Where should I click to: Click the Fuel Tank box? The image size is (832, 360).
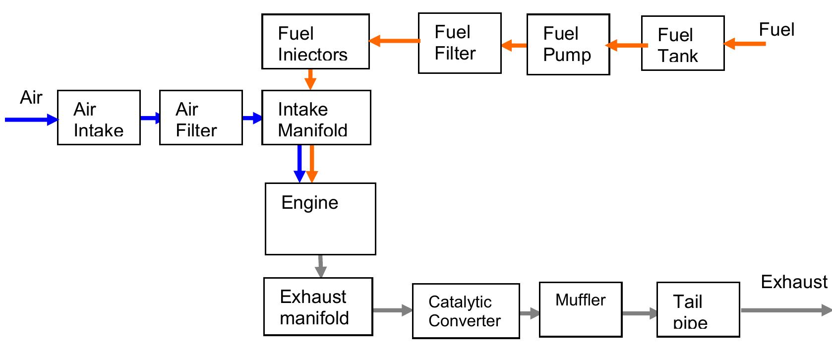[x=682, y=43]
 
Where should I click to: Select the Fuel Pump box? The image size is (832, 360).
[x=568, y=45]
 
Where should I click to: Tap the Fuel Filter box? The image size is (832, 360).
[x=459, y=43]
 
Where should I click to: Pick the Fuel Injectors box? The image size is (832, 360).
[x=315, y=42]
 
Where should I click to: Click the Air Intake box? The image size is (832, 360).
[x=99, y=118]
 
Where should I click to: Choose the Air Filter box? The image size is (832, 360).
[x=201, y=118]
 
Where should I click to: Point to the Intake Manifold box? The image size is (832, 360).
[x=316, y=118]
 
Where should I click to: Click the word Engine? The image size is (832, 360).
[x=309, y=203]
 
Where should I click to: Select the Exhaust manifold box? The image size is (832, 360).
[x=318, y=306]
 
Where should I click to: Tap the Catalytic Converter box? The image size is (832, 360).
[x=466, y=311]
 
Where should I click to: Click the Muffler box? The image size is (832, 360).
[x=580, y=309]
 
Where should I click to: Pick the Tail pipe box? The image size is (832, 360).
[x=698, y=309]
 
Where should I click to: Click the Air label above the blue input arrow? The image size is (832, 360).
[x=31, y=98]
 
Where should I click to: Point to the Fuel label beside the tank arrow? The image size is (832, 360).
[x=776, y=30]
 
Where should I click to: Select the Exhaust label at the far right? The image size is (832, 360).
[x=794, y=282]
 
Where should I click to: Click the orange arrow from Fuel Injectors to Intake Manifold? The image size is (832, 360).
[x=310, y=79]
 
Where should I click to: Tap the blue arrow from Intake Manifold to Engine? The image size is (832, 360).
[x=299, y=163]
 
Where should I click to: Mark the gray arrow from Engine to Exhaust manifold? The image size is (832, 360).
[x=320, y=266]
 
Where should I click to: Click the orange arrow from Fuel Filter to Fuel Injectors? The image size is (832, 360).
[x=394, y=41]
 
